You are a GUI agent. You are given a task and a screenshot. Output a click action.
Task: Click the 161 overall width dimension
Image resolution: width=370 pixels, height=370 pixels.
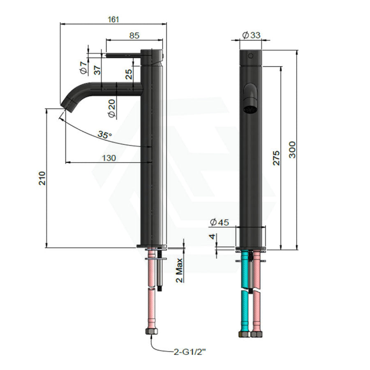click(113, 19)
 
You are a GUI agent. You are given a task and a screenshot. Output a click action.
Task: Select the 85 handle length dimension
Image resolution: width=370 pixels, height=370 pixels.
click(134, 35)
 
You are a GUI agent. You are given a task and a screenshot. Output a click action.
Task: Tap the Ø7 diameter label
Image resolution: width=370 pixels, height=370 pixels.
click(83, 68)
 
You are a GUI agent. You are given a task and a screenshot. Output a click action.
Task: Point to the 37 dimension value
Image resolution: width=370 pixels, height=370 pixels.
click(97, 70)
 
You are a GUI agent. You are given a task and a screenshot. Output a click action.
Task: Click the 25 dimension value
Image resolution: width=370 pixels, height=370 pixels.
click(129, 74)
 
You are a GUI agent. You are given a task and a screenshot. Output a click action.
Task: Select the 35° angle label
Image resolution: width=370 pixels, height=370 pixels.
click(104, 135)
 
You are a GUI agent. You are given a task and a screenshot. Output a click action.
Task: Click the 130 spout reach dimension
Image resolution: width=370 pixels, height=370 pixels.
click(109, 158)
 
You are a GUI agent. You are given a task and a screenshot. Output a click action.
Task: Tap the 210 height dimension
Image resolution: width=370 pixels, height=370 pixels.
click(42, 178)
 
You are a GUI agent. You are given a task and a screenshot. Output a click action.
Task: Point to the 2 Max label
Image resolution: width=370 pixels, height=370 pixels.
click(179, 270)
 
